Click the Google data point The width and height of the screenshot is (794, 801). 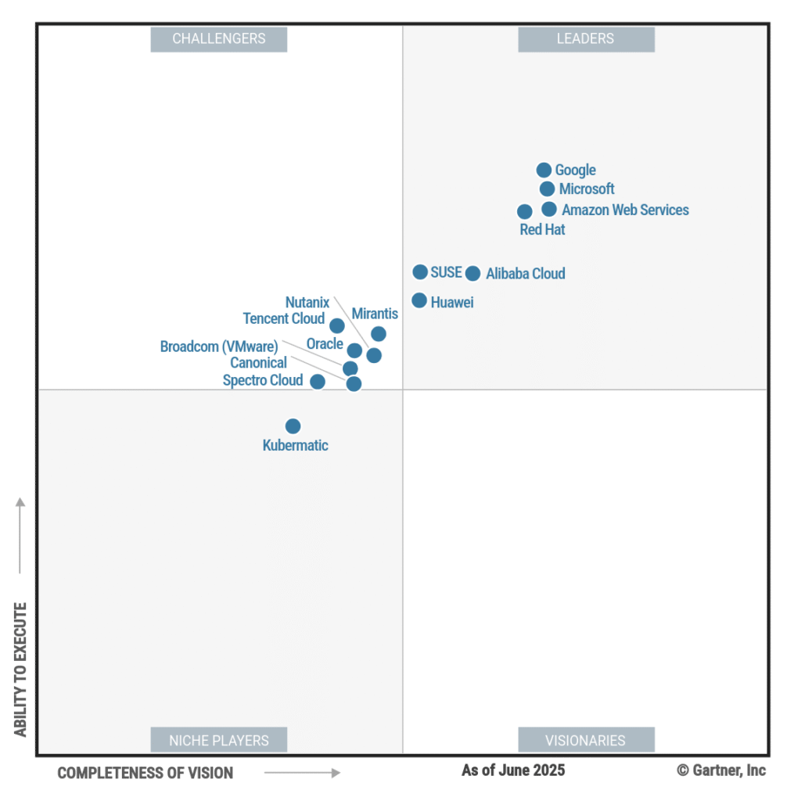[x=544, y=170]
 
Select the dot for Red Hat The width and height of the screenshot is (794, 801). [x=525, y=211]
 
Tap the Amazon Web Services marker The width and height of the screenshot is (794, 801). [x=549, y=209]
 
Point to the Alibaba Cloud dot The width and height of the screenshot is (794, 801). [x=472, y=273]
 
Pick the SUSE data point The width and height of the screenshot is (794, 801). [x=420, y=271]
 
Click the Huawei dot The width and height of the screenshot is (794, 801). [x=419, y=300]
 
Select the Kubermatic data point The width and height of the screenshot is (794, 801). [x=293, y=426]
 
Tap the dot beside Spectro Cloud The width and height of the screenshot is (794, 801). [x=318, y=382]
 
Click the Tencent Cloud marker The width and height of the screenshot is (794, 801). [x=337, y=325]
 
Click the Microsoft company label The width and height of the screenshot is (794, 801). [x=587, y=189]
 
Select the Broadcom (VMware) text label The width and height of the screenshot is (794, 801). [x=219, y=347]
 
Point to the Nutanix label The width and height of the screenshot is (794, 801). [x=307, y=303]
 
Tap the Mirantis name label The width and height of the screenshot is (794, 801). [x=375, y=314]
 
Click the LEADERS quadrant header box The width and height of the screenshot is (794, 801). [x=586, y=38]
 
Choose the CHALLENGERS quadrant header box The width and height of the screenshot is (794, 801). [x=219, y=38]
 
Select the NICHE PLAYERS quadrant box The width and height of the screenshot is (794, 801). [x=219, y=740]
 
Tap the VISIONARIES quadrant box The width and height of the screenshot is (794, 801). [x=586, y=740]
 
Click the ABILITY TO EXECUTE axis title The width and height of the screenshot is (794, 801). [x=20, y=669]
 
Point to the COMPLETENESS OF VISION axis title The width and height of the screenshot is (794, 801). [x=146, y=773]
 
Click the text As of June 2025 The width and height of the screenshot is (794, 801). [x=513, y=770]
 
